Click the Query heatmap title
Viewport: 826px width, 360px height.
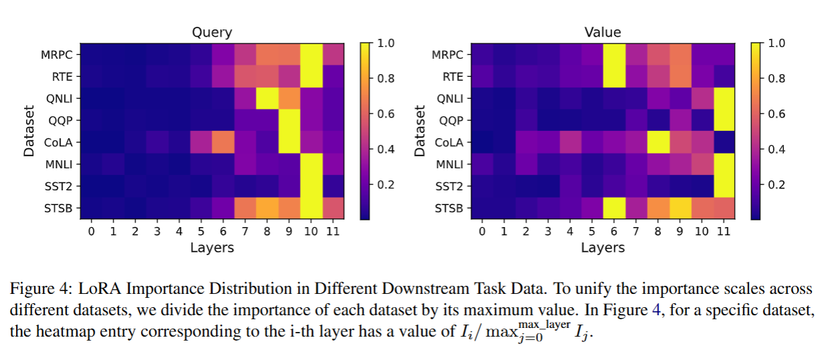[212, 33]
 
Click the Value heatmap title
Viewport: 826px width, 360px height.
[603, 33]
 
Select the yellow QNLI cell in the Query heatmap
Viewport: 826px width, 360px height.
[267, 98]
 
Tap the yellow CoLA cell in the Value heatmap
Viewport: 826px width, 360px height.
[658, 142]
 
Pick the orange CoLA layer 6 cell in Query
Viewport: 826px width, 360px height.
[223, 142]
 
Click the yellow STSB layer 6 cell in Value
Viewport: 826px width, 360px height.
[614, 208]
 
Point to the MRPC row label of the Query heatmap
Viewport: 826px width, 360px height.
[56, 55]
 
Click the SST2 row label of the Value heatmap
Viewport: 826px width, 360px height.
[449, 187]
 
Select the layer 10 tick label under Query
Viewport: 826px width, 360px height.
[311, 231]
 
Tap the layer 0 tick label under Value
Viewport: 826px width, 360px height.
[482, 231]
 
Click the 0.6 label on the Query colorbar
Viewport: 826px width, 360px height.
[386, 114]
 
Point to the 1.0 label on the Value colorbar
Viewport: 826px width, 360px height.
[777, 43]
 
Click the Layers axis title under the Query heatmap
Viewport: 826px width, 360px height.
[212, 248]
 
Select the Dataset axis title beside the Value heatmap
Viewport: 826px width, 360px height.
[420, 131]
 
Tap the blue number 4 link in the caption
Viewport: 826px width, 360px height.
[656, 310]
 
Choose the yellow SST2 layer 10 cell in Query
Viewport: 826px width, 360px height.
[311, 186]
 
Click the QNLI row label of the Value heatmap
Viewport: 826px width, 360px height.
[450, 99]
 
